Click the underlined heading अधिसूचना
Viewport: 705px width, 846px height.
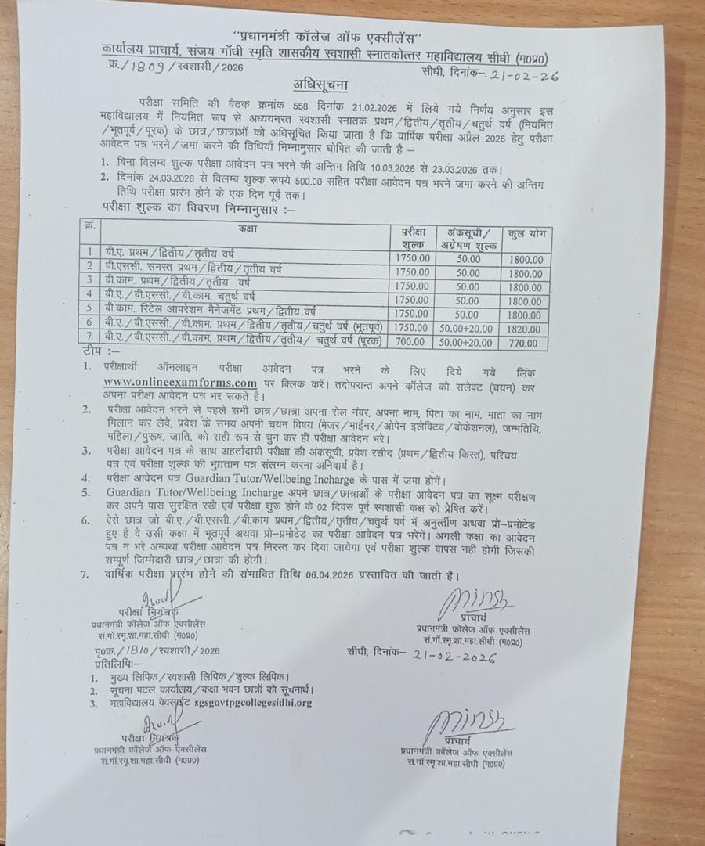(323, 85)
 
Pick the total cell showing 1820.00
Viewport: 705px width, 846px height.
(525, 328)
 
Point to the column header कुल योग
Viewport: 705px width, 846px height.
(526, 234)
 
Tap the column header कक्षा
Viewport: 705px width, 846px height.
(250, 229)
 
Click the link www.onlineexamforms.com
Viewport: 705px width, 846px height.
(180, 382)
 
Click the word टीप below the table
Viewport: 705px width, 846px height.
(92, 355)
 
